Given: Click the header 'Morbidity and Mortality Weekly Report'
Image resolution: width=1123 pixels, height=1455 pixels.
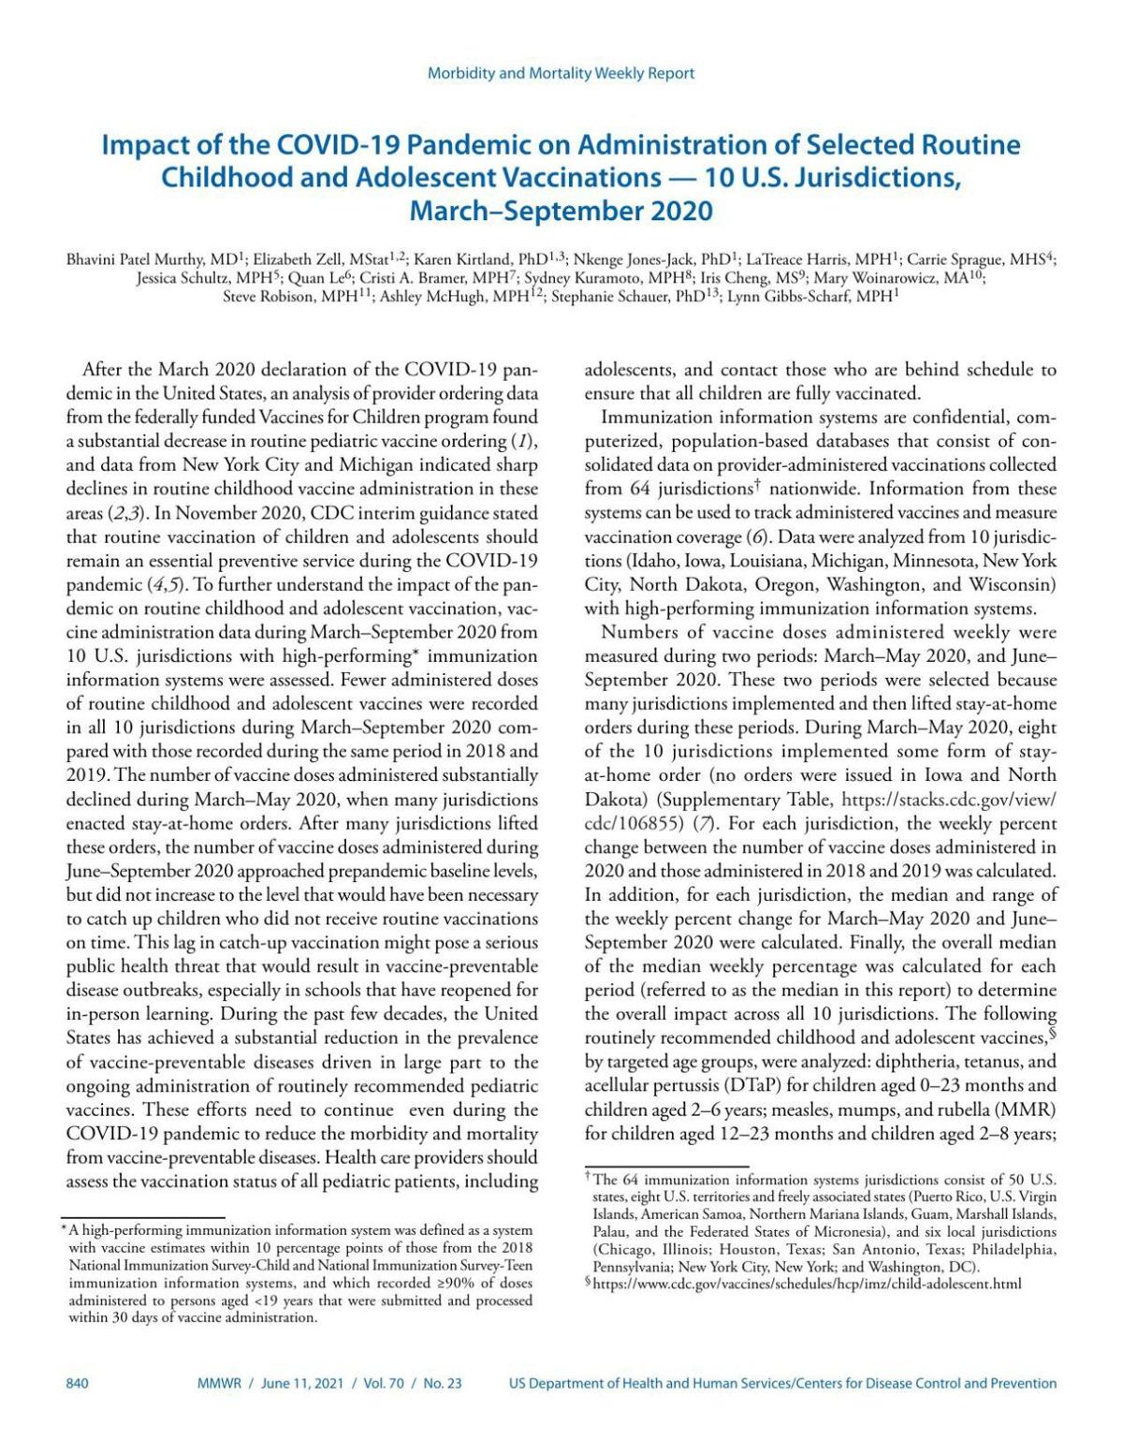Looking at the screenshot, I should click(561, 73).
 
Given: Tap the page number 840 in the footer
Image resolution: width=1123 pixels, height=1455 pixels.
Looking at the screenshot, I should click(78, 1383).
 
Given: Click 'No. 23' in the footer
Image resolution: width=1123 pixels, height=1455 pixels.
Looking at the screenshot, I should click(442, 1383).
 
